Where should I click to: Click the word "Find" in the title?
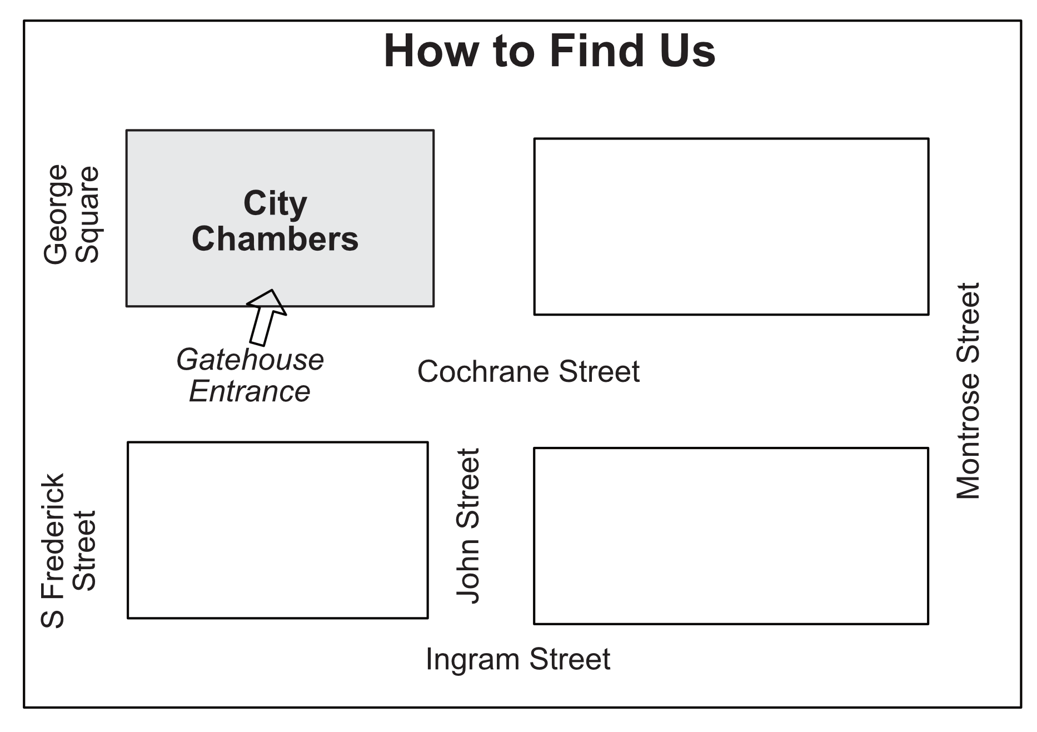[x=596, y=51]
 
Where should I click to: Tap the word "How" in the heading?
[x=431, y=51]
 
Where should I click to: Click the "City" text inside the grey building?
[x=275, y=203]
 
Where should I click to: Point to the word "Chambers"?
[x=275, y=239]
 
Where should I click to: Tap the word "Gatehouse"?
[x=250, y=360]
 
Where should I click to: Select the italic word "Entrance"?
[x=250, y=391]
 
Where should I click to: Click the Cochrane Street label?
[x=529, y=371]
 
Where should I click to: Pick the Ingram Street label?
[x=518, y=659]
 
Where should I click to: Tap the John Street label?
[x=468, y=526]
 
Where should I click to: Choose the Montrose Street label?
[x=968, y=391]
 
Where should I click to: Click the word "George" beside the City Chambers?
[x=56, y=215]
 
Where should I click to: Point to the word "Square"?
[x=87, y=215]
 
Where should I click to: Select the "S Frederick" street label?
[x=53, y=551]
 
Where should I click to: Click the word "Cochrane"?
[x=484, y=371]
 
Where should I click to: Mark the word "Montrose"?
[x=968, y=436]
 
